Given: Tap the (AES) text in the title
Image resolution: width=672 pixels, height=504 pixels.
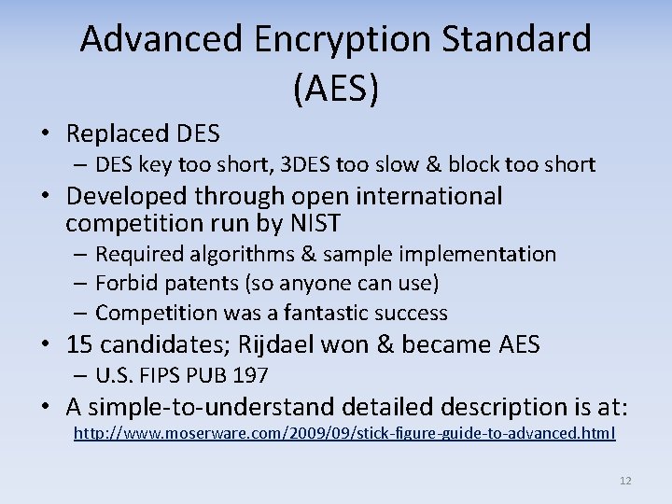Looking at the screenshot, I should pos(335,89).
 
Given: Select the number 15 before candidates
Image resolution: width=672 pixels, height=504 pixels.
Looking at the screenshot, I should pos(79,344).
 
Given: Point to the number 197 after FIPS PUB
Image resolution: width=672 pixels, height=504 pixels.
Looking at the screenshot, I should pos(249,376).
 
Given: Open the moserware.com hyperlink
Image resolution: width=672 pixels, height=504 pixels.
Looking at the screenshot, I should pos(344,433).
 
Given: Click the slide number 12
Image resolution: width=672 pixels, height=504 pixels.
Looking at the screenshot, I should pos(624,481).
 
